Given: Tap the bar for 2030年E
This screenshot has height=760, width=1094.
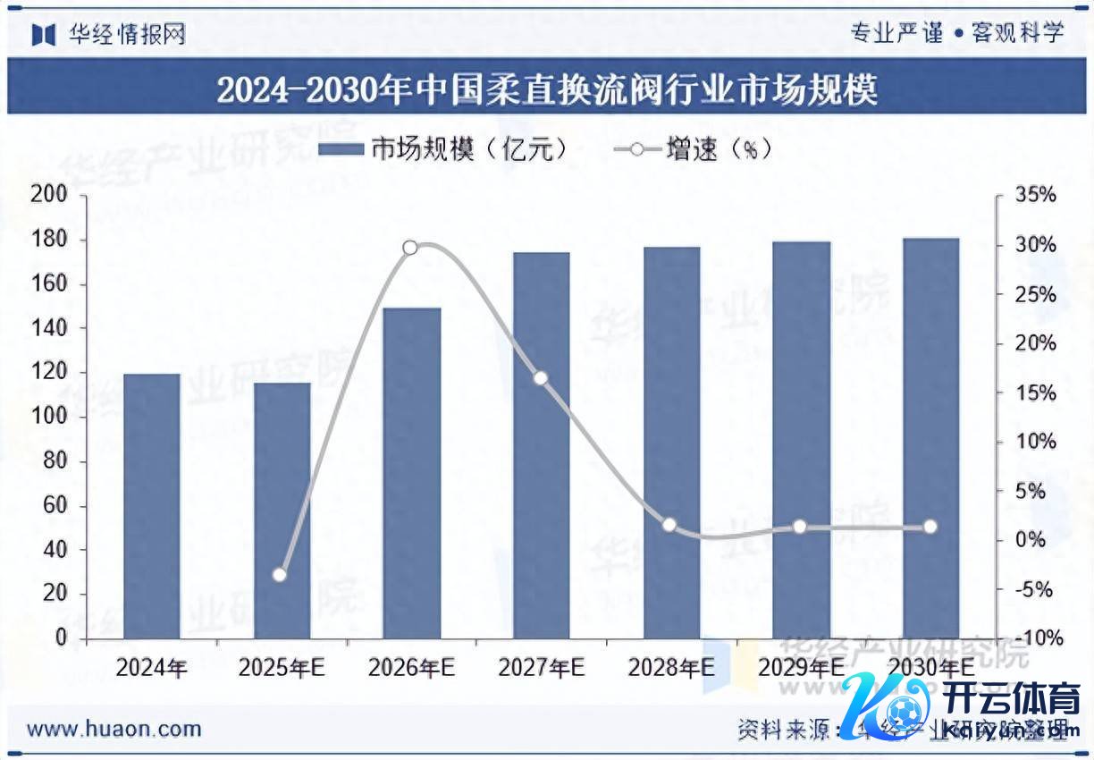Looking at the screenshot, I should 930,437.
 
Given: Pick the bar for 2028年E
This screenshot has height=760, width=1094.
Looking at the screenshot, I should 671,442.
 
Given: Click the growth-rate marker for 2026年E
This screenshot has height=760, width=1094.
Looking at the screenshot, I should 410,248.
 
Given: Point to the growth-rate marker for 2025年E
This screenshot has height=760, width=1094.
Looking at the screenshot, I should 280,574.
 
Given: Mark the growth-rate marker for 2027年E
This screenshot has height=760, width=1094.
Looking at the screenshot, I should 540,378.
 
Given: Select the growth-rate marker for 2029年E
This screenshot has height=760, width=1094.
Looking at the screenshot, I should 800,527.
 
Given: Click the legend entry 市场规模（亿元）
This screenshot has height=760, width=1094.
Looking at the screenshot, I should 442,149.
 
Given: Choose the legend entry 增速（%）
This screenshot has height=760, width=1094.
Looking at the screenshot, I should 693,149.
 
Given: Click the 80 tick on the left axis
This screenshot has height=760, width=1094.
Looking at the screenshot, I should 55,461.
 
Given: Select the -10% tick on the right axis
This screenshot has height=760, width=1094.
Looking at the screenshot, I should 1037,638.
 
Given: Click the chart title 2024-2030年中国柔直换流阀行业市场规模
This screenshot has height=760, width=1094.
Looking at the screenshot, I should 546,89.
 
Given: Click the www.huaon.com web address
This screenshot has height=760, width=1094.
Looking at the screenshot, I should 114,729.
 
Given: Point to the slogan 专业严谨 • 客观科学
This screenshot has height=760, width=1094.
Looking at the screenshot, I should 956,33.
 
